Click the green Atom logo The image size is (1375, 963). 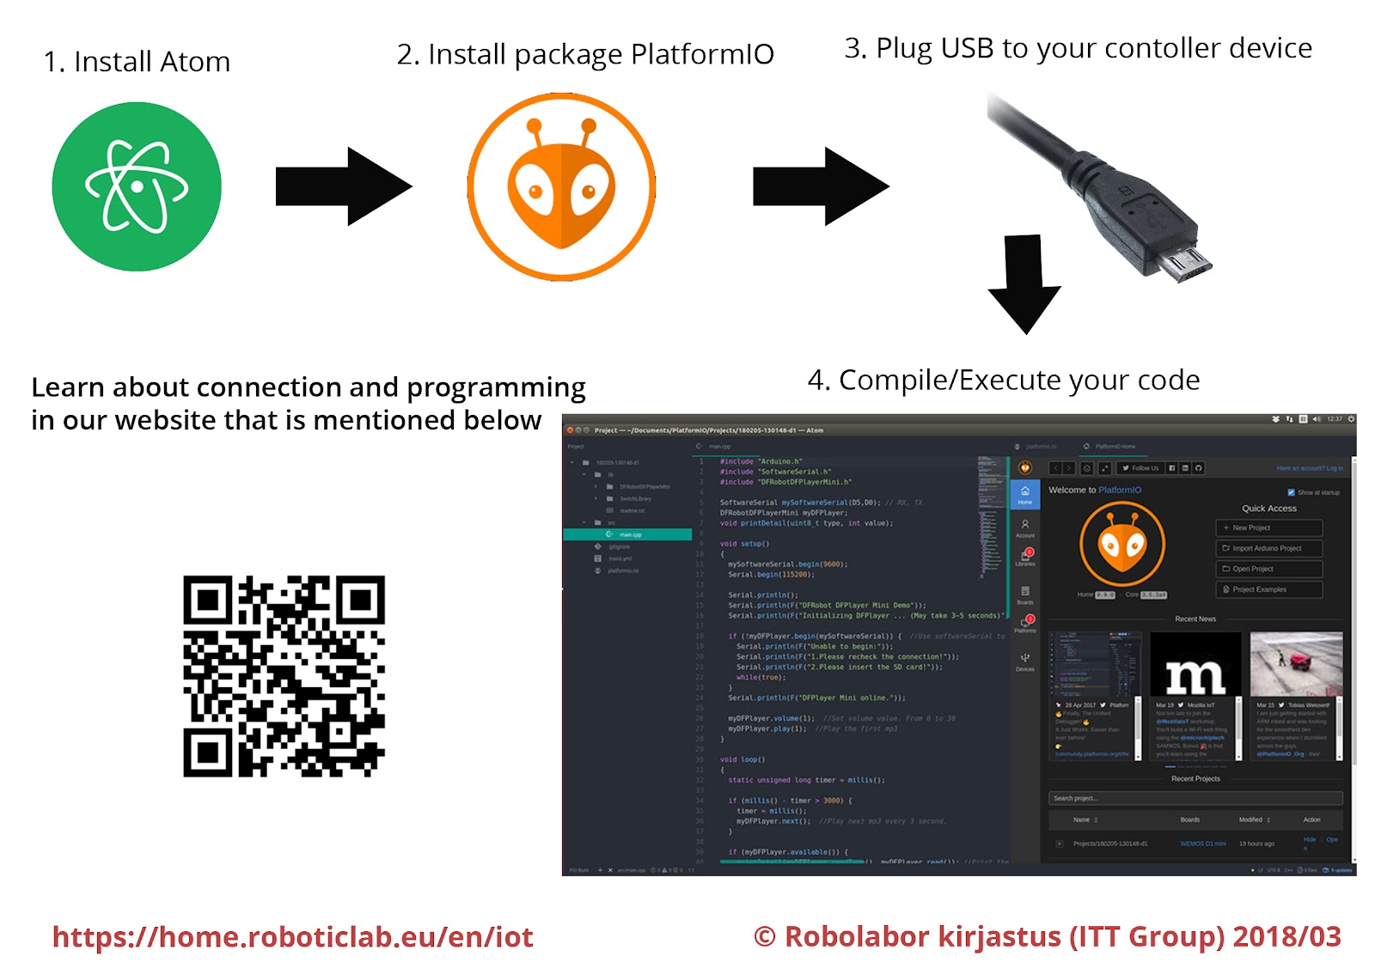(x=137, y=186)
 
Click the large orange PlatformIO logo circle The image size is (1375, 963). (x=561, y=186)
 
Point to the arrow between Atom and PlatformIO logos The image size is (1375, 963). (x=343, y=186)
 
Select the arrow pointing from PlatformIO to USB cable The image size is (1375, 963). (x=820, y=186)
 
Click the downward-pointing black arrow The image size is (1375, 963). (x=1024, y=283)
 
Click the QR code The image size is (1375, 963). (x=284, y=676)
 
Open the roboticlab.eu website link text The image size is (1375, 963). (x=292, y=936)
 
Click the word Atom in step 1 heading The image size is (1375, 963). (x=195, y=62)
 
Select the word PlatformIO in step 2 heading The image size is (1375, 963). (x=702, y=54)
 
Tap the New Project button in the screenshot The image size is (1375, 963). (x=1268, y=527)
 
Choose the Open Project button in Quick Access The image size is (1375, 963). (x=1268, y=569)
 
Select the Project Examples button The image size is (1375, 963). (x=1268, y=589)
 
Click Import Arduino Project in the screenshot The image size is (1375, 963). (x=1268, y=548)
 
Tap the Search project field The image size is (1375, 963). (x=1195, y=798)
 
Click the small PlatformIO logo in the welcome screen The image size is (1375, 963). (x=1122, y=544)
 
